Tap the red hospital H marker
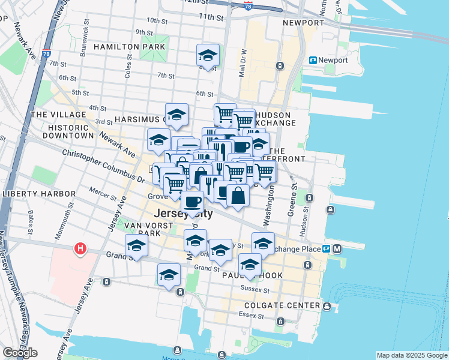click(79, 248)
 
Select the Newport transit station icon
click(313, 61)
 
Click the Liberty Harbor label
click(38, 194)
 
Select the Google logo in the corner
click(20, 353)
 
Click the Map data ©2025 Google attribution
click(412, 355)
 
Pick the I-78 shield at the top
click(249, 5)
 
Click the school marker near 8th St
click(208, 56)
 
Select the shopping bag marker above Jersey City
click(238, 196)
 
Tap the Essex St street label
click(247, 314)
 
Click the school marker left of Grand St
click(136, 246)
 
